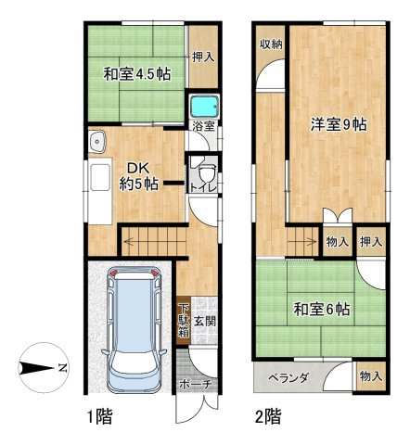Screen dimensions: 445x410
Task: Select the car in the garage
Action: [x=133, y=328]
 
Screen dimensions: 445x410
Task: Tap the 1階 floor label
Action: [x=103, y=417]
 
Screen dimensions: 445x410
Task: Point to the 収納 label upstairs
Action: [x=271, y=45]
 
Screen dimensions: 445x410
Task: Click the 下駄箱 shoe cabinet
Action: [x=185, y=321]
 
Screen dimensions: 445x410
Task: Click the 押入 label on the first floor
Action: [x=203, y=57]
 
